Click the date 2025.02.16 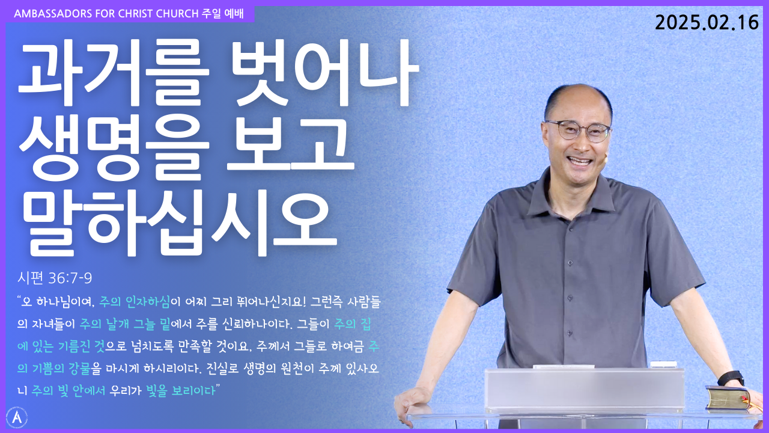click(707, 23)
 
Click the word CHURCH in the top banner click(177, 14)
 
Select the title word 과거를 click(114, 73)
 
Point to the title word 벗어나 click(326, 73)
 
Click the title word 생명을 click(114, 149)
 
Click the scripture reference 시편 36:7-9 click(55, 278)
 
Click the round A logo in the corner click(17, 417)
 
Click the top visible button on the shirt click(570, 263)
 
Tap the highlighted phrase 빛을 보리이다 click(181, 390)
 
